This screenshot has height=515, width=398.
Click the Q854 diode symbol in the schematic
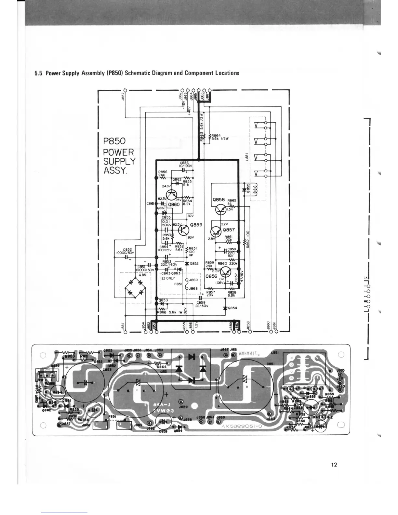tap(225, 308)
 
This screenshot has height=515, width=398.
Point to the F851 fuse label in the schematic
tap(178, 284)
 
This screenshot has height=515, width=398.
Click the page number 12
tap(334, 464)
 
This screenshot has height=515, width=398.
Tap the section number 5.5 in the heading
tap(38, 73)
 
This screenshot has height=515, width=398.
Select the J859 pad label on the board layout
tap(182, 406)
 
